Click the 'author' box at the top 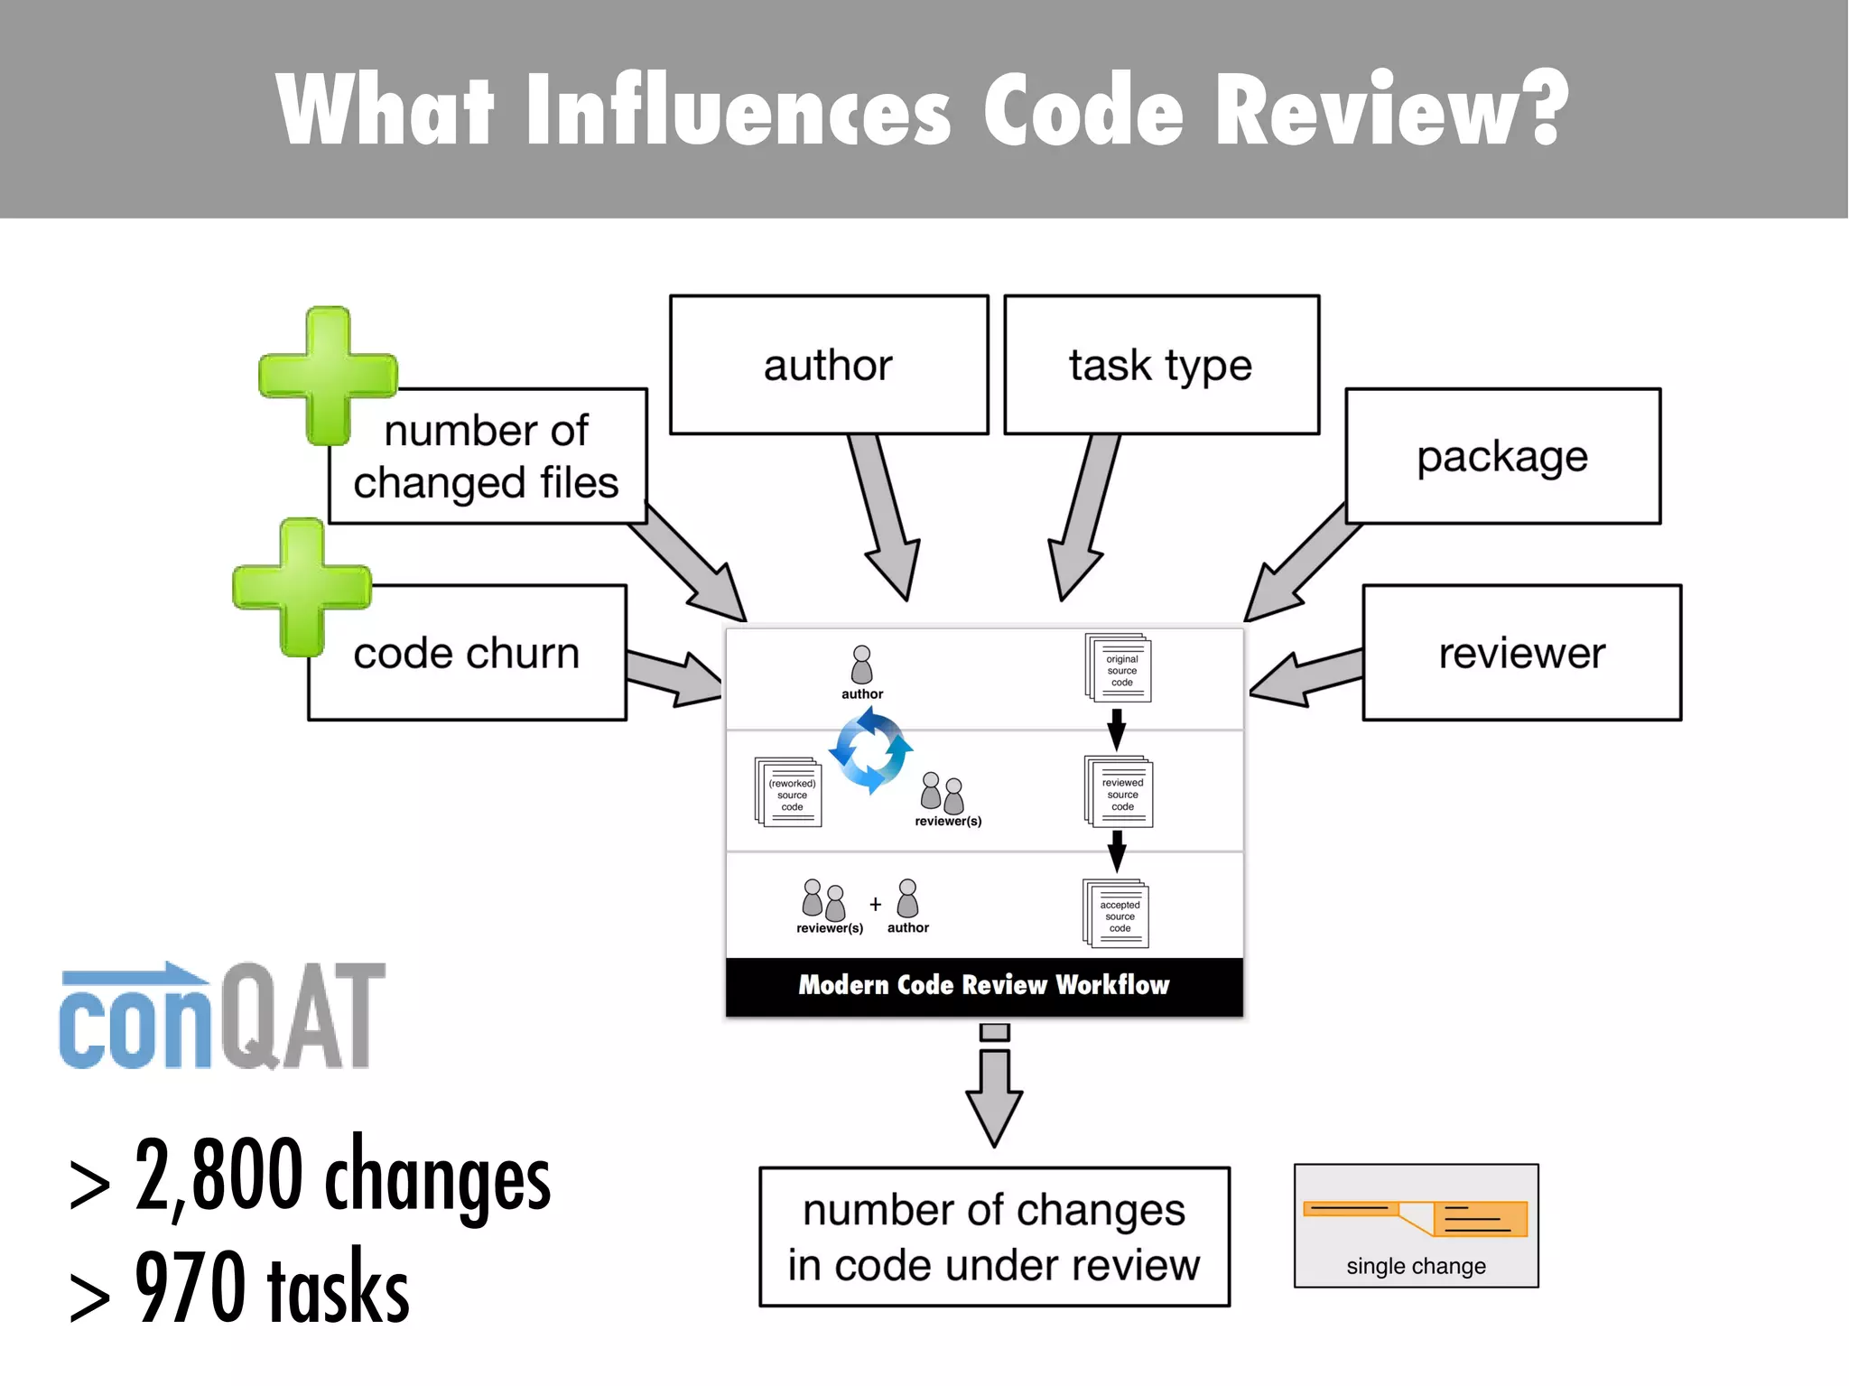[x=829, y=365]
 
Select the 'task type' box [x=1161, y=365]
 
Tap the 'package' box [x=1502, y=456]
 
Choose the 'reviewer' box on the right [x=1522, y=653]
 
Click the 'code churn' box [x=467, y=653]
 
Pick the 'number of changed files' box [x=488, y=457]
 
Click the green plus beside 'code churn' [x=302, y=587]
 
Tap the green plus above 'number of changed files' [x=328, y=376]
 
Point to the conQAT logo [x=222, y=1017]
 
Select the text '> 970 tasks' [x=239, y=1288]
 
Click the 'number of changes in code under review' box [x=994, y=1237]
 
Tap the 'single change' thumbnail [x=1416, y=1225]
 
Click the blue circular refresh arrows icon [x=870, y=750]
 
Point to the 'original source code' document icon [x=1119, y=669]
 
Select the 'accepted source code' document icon [x=1117, y=914]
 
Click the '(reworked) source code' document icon [x=788, y=793]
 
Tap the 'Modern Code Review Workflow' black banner [x=984, y=986]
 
